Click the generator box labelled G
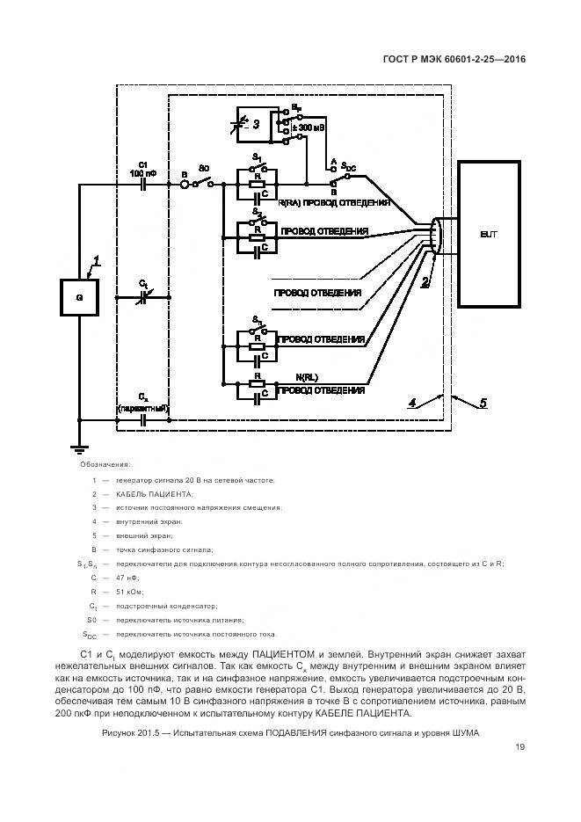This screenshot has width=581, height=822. click(x=79, y=297)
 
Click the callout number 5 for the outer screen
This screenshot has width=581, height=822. click(x=483, y=404)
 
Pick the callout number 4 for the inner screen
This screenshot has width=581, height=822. click(x=411, y=404)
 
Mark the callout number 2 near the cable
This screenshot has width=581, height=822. click(x=425, y=281)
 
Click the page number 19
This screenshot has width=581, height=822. click(x=520, y=747)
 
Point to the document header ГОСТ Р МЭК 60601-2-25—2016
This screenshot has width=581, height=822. click(x=454, y=61)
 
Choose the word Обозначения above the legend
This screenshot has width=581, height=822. click(x=105, y=464)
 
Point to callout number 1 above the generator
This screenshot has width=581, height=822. click(x=98, y=260)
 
